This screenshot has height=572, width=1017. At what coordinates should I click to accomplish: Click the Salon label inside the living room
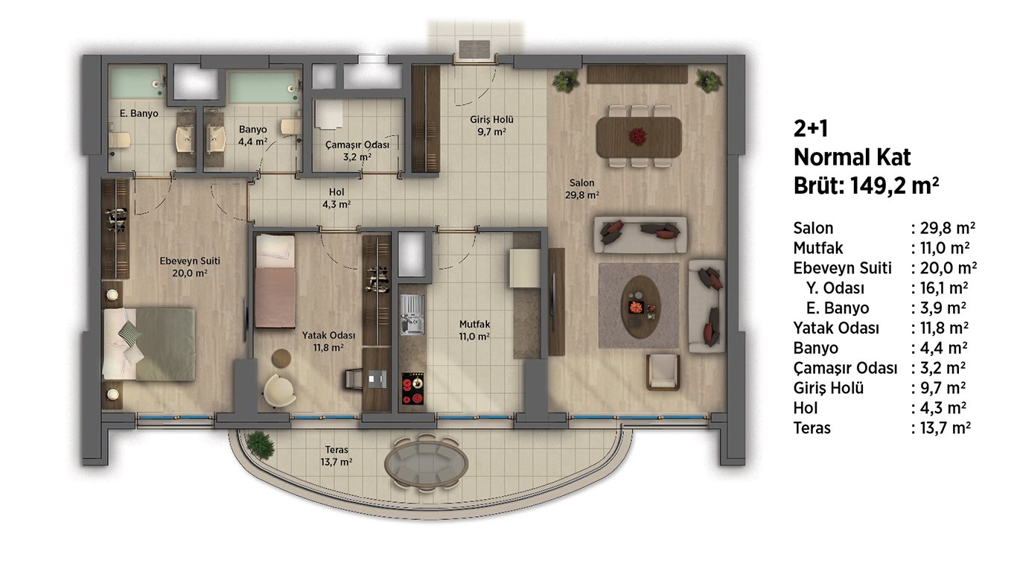click(581, 182)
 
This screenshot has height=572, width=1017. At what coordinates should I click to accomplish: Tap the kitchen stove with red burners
click(412, 389)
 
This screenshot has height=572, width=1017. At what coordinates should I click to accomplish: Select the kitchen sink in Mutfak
click(412, 315)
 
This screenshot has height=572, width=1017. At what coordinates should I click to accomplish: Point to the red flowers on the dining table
click(637, 136)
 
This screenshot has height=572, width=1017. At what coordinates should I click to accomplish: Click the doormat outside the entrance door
click(474, 49)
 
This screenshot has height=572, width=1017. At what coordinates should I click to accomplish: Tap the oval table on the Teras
click(427, 464)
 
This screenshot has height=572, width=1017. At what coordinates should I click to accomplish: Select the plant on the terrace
click(260, 445)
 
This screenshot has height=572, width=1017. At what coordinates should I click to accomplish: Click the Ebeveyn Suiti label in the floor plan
click(190, 261)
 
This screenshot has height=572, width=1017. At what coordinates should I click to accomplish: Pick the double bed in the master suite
click(150, 344)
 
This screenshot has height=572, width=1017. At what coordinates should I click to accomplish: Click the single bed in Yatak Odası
click(275, 280)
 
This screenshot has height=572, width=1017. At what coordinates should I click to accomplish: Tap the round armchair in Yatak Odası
click(280, 390)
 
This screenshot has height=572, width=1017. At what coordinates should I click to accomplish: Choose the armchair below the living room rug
click(663, 372)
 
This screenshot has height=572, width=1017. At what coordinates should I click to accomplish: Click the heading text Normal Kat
click(852, 157)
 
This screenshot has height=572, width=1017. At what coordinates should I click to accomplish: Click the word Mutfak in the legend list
click(817, 248)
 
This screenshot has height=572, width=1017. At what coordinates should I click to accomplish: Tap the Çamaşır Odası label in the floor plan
click(357, 145)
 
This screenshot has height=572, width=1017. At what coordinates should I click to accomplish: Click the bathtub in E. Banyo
click(137, 83)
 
